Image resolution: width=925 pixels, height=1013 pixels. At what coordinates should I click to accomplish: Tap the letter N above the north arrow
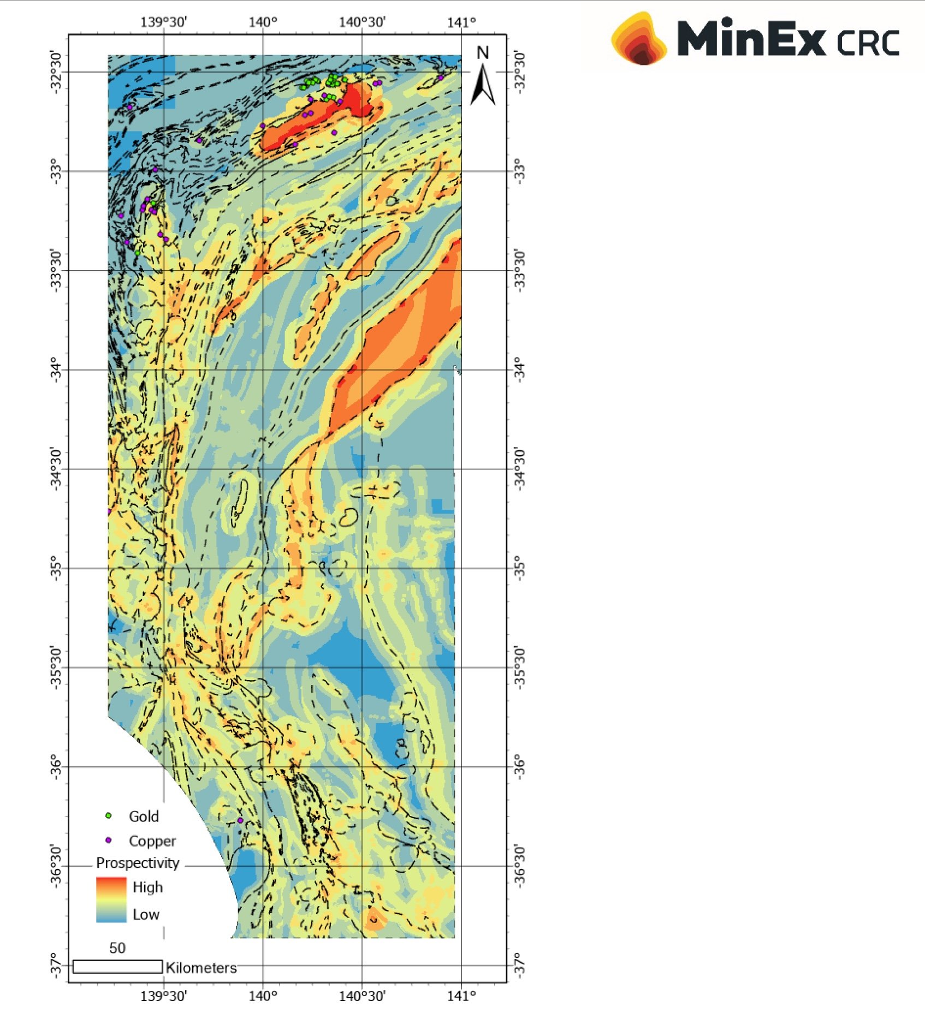(x=483, y=53)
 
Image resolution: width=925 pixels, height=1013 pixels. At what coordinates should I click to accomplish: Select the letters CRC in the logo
(x=868, y=42)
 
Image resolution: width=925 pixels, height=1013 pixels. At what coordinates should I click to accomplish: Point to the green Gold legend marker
(x=108, y=815)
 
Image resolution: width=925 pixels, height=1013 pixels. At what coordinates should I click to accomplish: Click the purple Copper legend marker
(x=108, y=840)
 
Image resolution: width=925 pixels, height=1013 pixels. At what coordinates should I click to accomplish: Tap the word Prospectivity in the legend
(x=138, y=862)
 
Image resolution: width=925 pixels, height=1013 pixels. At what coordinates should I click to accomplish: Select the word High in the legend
(x=147, y=887)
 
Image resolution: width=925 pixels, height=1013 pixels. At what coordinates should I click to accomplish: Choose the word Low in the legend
(x=146, y=914)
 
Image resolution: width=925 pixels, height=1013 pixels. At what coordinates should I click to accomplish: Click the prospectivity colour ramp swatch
(x=111, y=899)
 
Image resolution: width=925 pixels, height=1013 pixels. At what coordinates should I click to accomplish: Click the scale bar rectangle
(x=117, y=966)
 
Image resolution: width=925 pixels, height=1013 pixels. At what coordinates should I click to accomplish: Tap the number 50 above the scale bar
(x=117, y=948)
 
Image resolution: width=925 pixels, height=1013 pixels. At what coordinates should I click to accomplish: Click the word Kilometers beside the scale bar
(x=201, y=968)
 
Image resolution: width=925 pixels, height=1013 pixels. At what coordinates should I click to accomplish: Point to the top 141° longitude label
(x=461, y=22)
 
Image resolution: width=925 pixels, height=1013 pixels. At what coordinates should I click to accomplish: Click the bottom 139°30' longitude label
(x=164, y=996)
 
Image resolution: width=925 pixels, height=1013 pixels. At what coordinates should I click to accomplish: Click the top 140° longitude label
(x=263, y=22)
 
